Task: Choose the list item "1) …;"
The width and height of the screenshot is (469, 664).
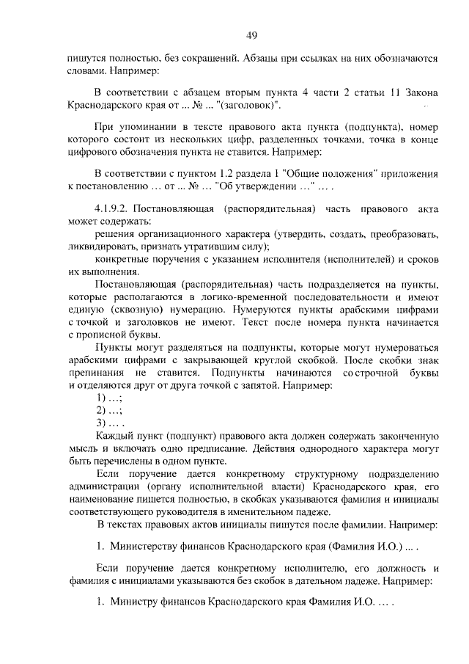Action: pos(108,398)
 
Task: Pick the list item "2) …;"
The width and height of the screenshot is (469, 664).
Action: pos(108,411)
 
